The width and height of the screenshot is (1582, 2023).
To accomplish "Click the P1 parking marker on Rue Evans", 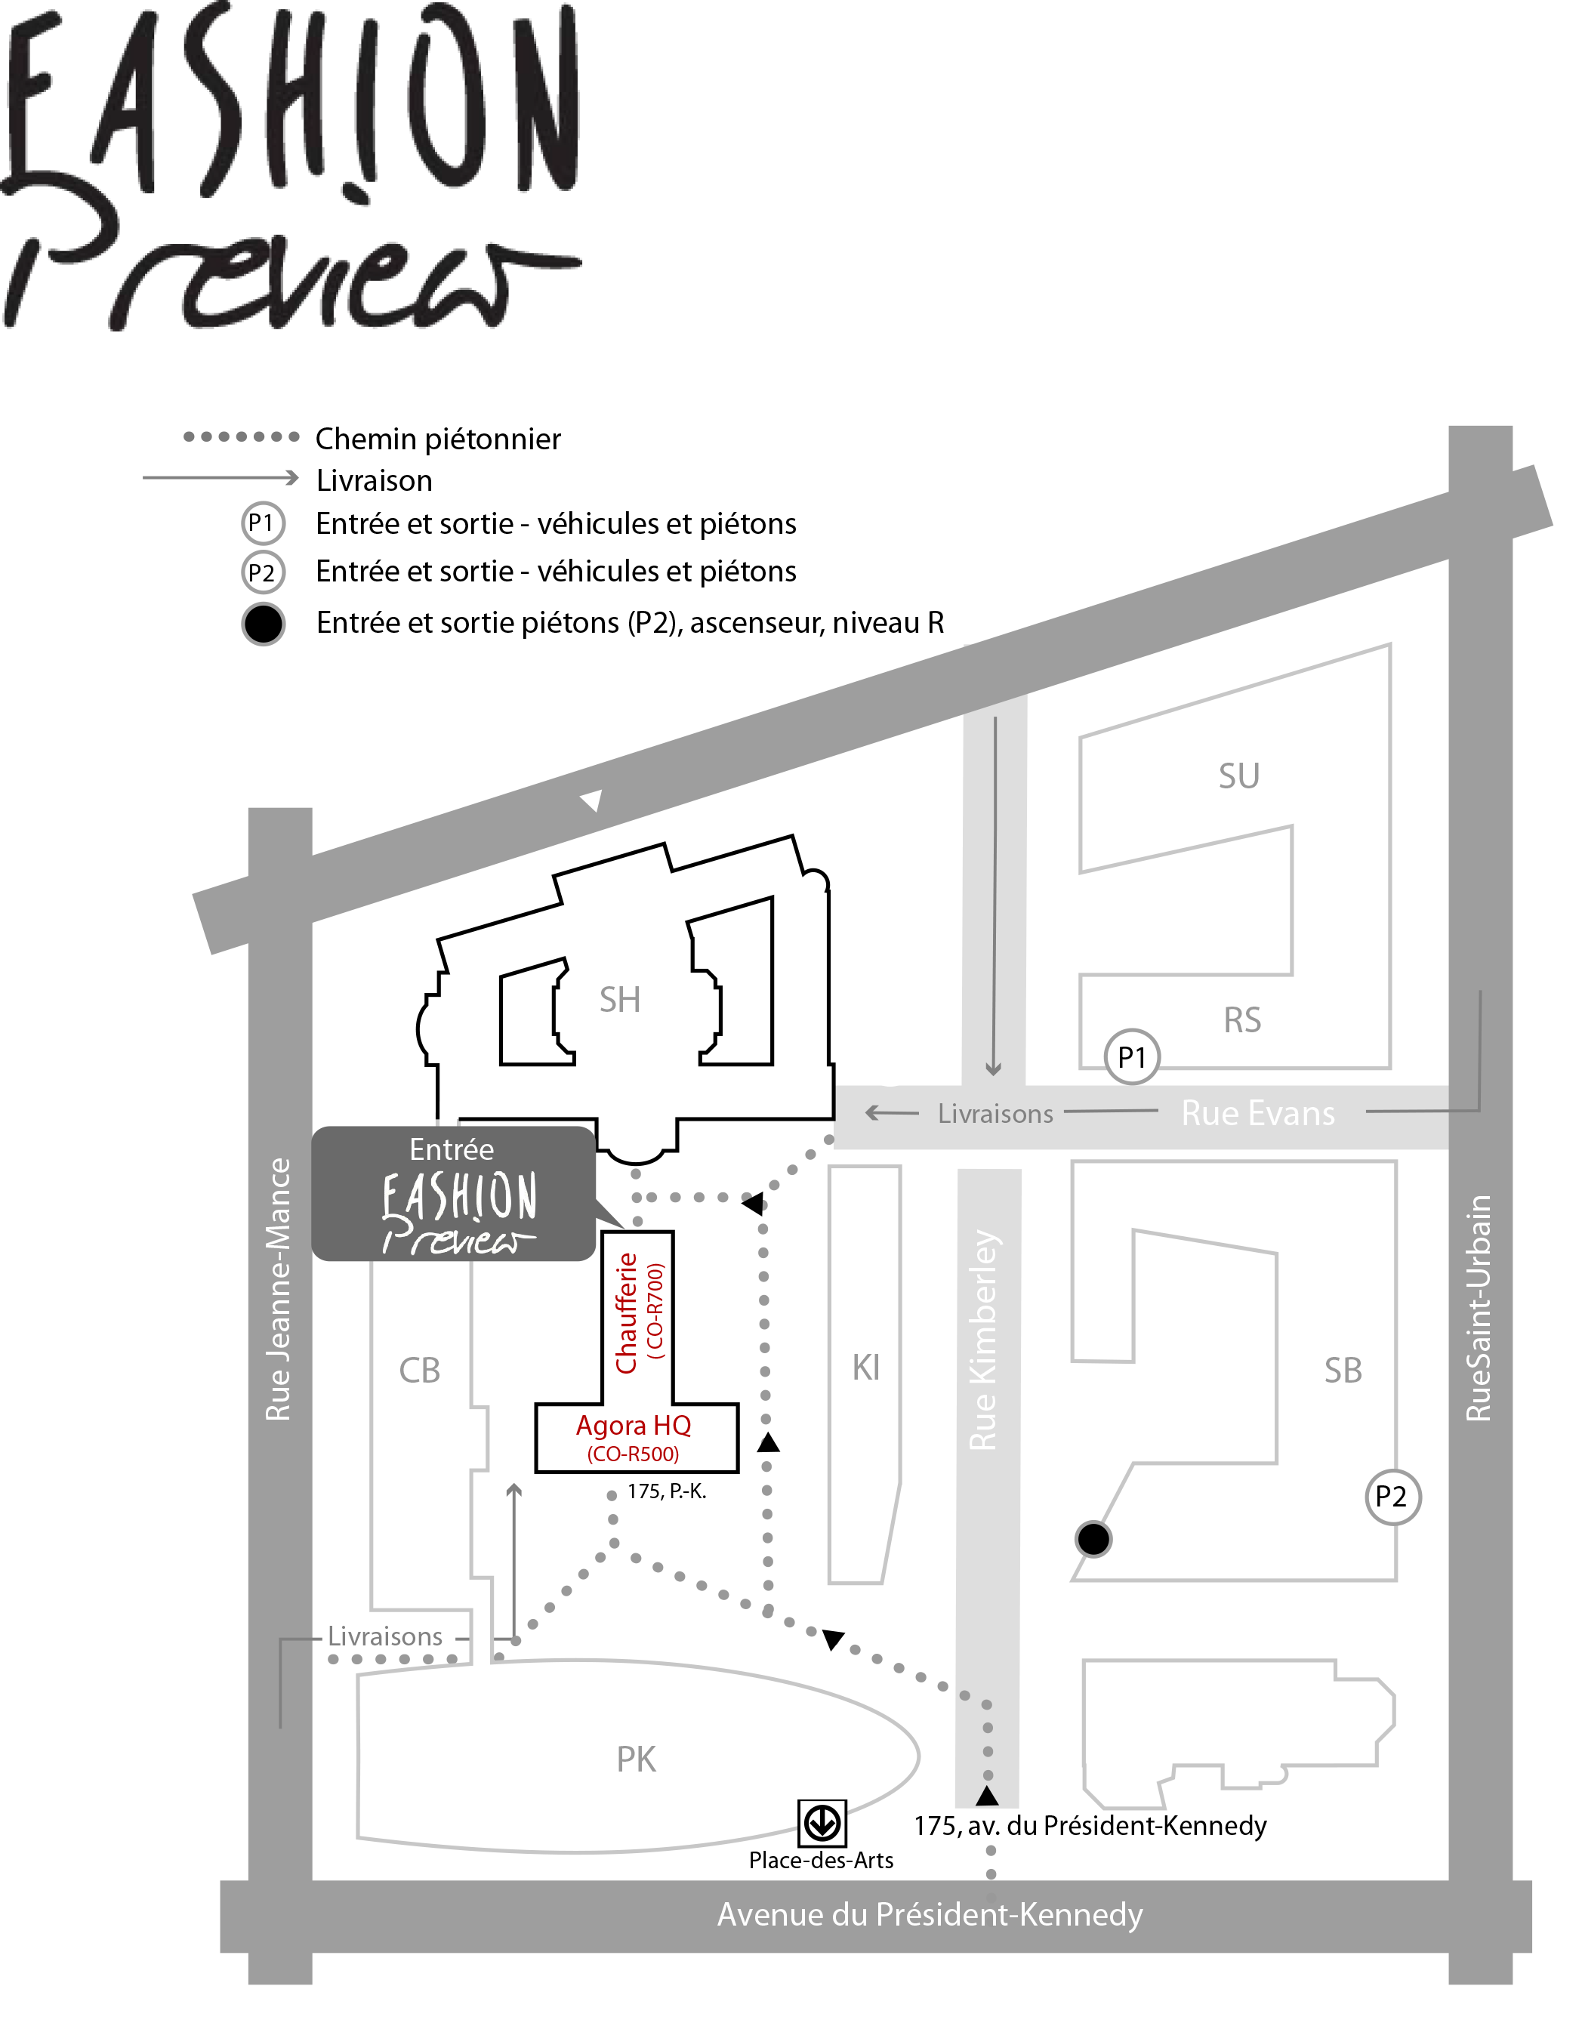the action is [1132, 1057].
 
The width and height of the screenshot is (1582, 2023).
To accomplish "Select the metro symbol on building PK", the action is [822, 1822].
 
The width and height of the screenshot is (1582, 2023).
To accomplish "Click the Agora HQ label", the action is [634, 1426].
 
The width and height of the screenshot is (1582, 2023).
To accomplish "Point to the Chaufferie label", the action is [627, 1312].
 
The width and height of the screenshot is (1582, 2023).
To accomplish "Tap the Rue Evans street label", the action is [1258, 1112].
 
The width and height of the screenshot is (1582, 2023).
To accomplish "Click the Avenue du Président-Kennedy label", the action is [929, 1914].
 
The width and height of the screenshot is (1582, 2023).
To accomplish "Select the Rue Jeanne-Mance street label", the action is [278, 1288].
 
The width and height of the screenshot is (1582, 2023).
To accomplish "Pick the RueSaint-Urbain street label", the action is [1479, 1308].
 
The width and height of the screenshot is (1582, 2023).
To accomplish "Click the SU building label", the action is [1238, 776].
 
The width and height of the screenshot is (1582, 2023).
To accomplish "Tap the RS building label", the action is [1242, 1020].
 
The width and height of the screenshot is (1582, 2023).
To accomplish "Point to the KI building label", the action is [866, 1368].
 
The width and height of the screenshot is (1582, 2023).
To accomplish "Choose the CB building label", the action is [420, 1370].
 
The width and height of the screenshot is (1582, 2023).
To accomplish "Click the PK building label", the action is [637, 1759].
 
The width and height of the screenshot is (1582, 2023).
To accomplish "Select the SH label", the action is [620, 1000].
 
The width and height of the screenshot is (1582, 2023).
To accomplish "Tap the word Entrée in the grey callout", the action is [452, 1149].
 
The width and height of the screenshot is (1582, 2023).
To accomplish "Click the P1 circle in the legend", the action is [262, 523].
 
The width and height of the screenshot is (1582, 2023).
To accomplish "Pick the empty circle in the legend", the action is [263, 624].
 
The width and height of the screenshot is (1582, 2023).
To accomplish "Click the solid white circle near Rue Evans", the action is [890, 1059].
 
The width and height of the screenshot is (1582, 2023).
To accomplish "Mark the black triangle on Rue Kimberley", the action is [988, 1796].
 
